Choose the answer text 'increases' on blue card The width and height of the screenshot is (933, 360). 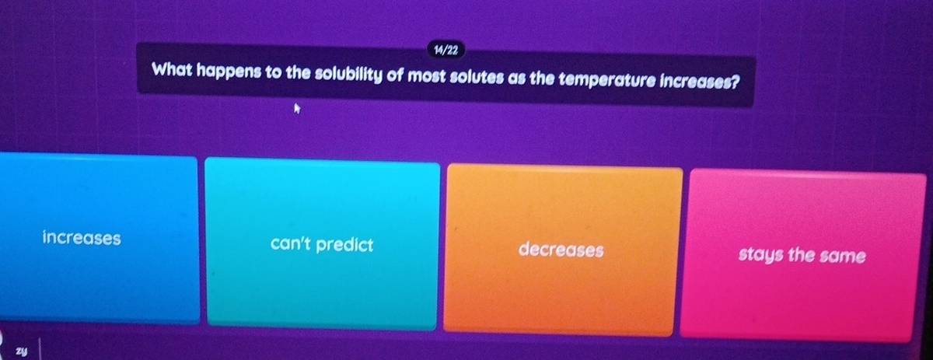(x=82, y=237)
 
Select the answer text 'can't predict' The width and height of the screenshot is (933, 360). (x=322, y=245)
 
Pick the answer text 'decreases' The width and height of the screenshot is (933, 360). (x=561, y=250)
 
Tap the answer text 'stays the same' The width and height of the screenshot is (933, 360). (x=801, y=255)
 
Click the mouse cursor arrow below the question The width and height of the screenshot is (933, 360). (x=296, y=111)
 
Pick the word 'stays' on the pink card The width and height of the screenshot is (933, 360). (x=759, y=255)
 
